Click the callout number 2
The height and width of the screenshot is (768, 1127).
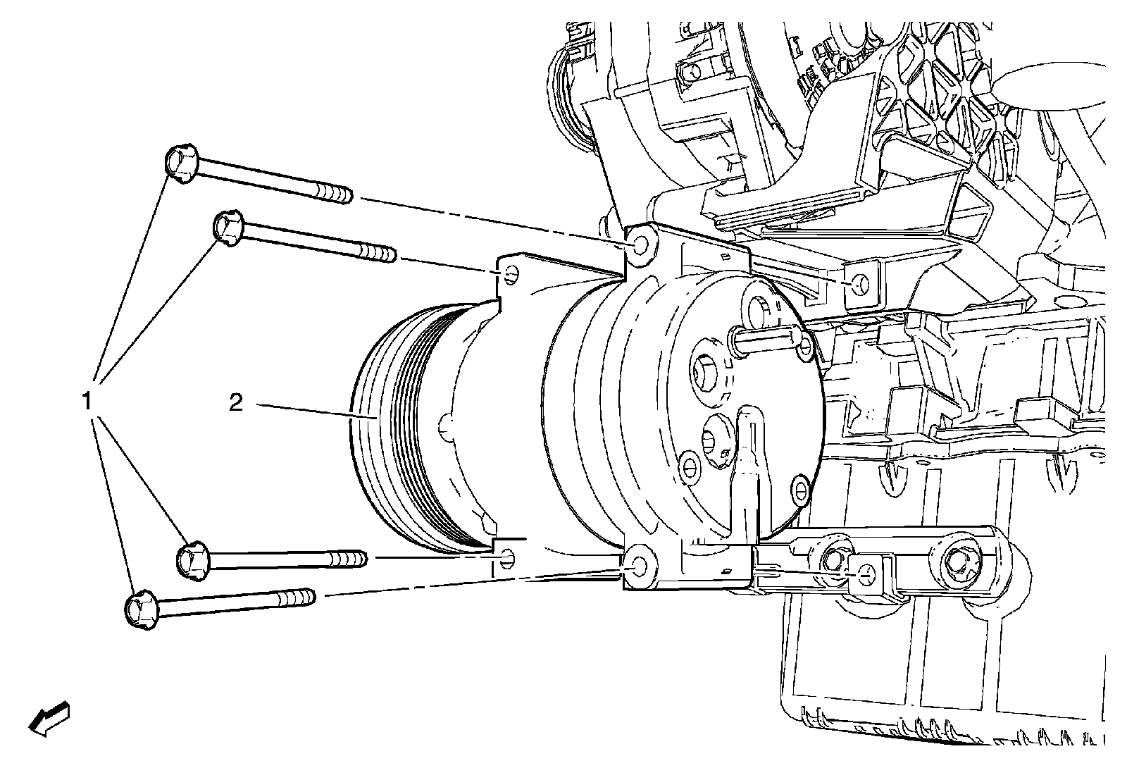tap(235, 403)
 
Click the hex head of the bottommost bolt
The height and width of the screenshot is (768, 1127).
tap(141, 608)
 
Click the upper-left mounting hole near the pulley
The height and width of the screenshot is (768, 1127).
tap(511, 273)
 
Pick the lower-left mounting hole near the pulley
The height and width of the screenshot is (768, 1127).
tap(509, 559)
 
